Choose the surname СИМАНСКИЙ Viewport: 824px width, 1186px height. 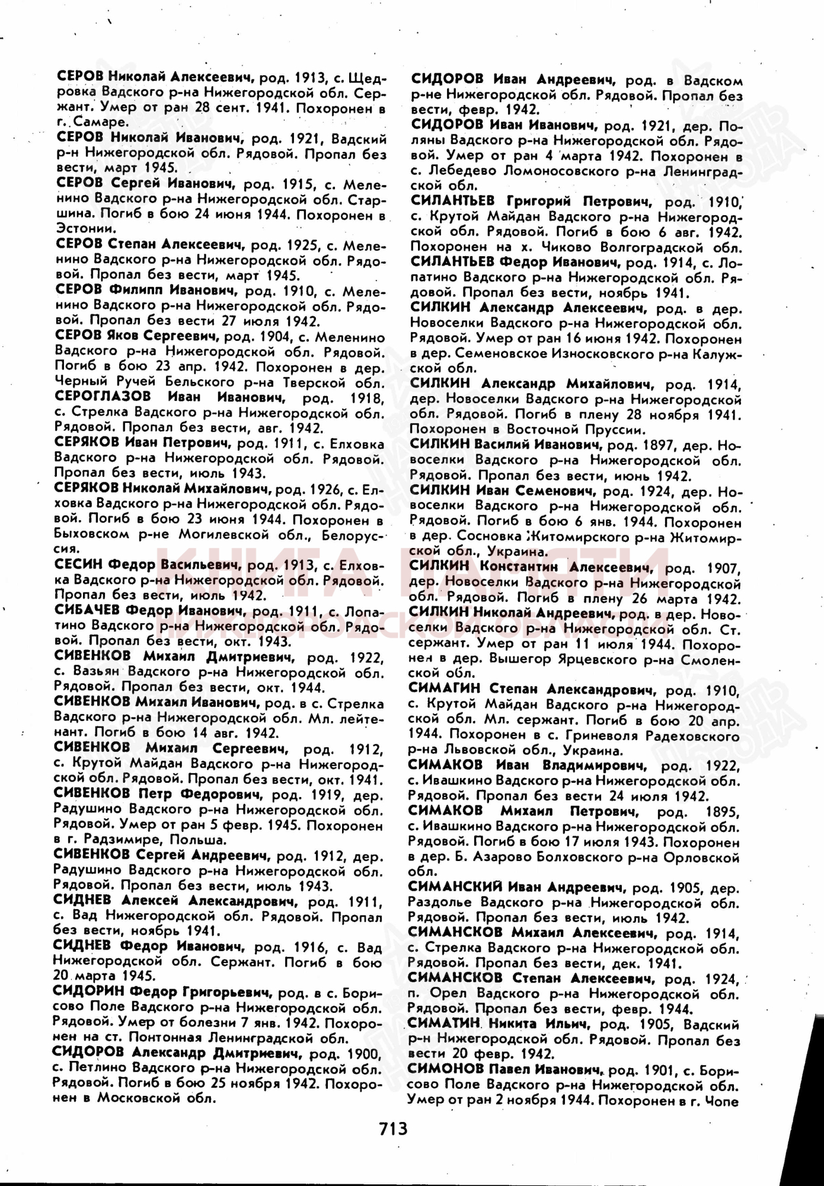tap(456, 887)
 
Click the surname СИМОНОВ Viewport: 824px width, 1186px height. tap(445, 1070)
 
